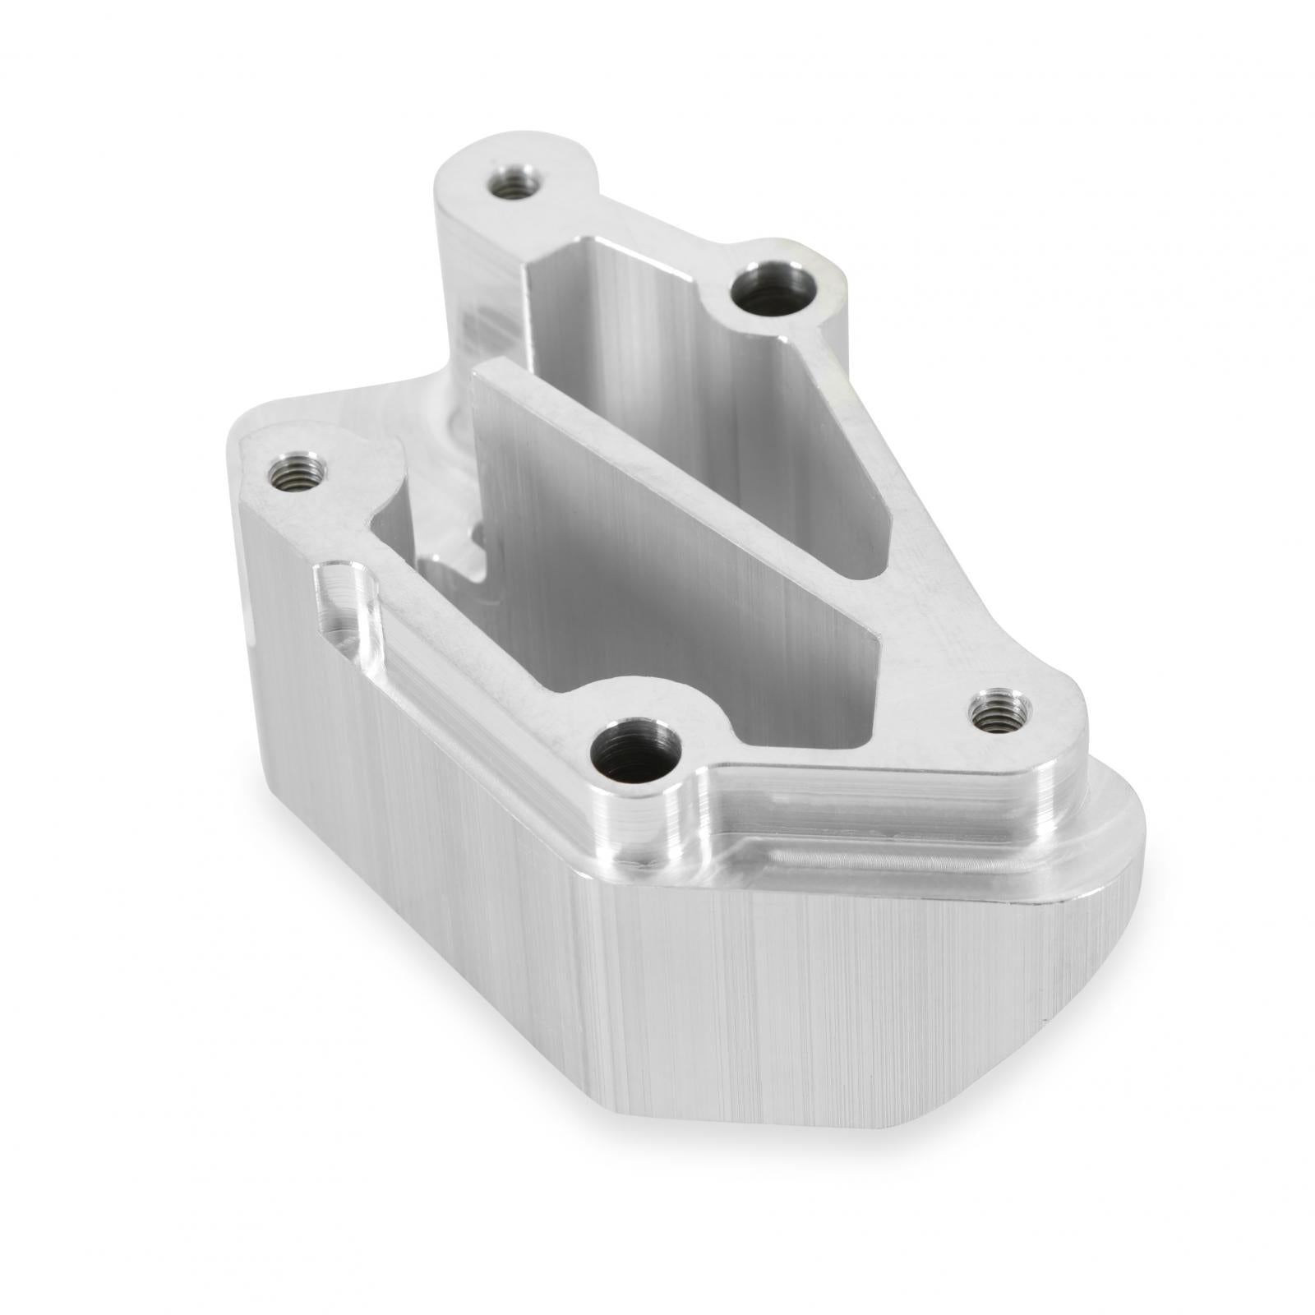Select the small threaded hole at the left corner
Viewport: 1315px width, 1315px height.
coord(298,473)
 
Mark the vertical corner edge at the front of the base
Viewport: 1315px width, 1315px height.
coord(585,986)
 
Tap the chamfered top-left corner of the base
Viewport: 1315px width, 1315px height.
coord(255,427)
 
